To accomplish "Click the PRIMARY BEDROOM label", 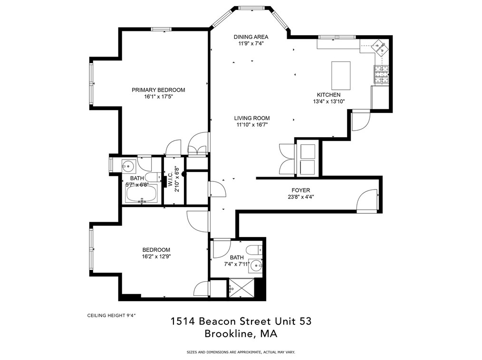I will (158, 90).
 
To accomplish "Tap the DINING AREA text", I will (251, 37).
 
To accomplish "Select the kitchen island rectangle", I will (340, 75).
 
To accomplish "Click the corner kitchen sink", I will (380, 46).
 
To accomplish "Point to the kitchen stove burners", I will (381, 74).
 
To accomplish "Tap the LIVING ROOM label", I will (251, 118).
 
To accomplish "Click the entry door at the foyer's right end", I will (367, 200).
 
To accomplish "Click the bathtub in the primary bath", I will (142, 194).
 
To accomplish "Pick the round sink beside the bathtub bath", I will (128, 166).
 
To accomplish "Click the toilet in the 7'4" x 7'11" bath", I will (253, 249).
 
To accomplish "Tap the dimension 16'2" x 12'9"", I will (156, 257).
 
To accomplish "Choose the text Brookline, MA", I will (241, 334).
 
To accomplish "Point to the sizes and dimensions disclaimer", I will (241, 352).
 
